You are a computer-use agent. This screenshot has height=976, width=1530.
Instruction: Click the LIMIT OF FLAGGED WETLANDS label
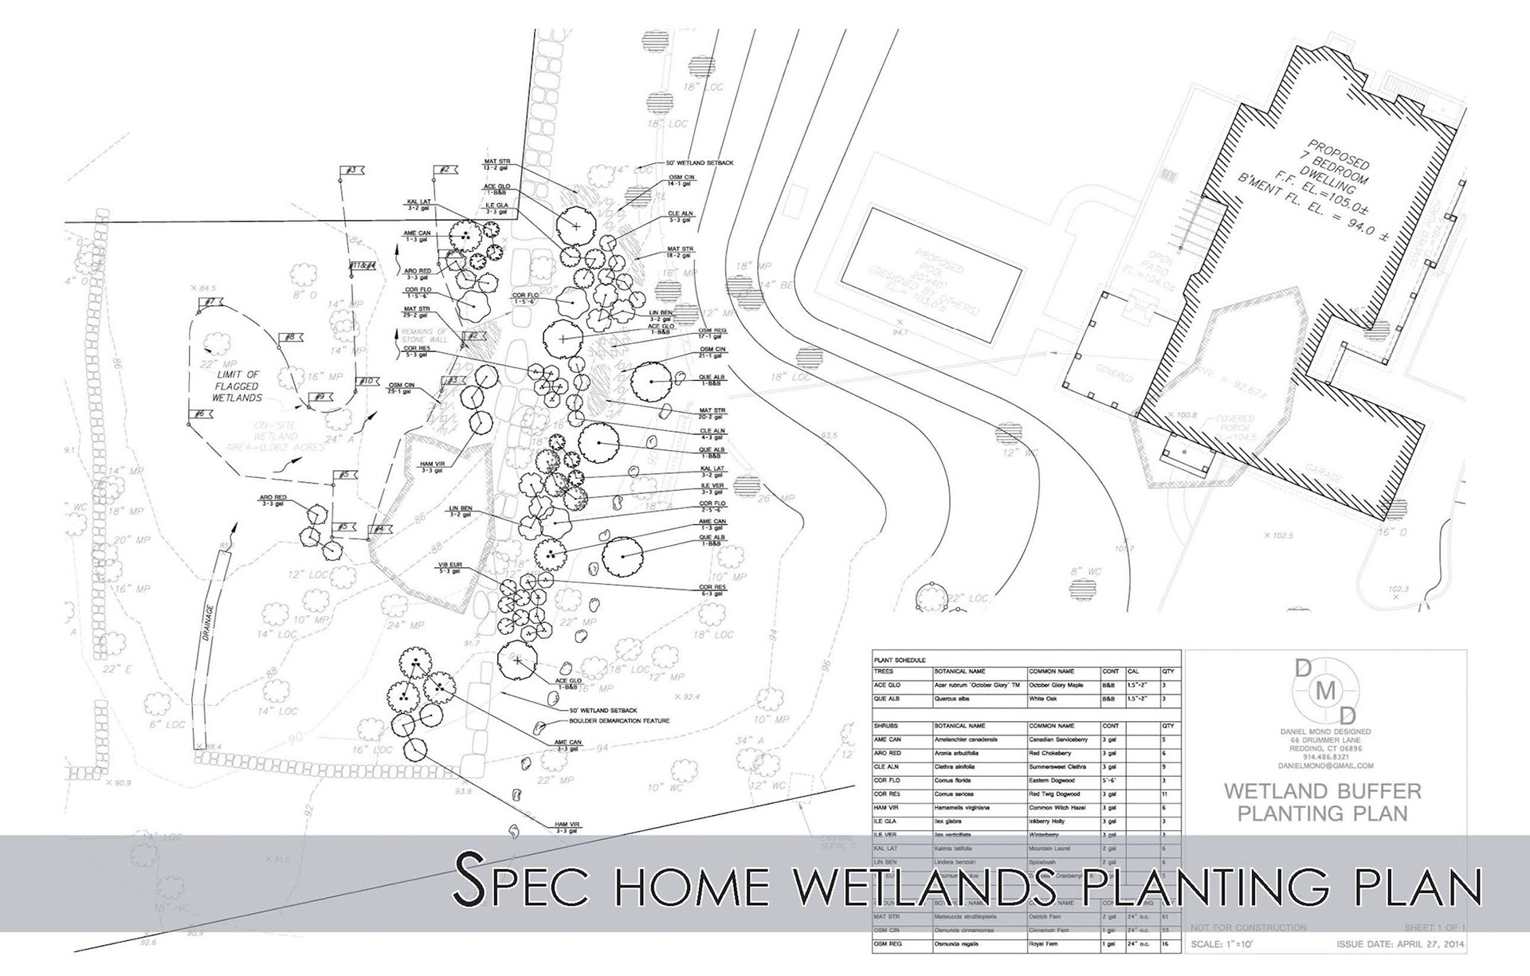coord(237,386)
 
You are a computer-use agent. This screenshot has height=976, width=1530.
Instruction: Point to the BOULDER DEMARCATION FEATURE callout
coord(618,721)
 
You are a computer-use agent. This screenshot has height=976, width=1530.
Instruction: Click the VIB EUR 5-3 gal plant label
coord(449,568)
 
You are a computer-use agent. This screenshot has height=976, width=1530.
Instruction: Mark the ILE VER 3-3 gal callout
coord(712,489)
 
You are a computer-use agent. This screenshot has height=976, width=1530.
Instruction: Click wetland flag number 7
coord(210,303)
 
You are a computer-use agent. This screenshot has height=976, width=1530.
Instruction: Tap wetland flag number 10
coord(367,382)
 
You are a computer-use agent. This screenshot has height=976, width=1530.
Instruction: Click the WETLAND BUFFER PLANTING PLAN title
coord(1323,802)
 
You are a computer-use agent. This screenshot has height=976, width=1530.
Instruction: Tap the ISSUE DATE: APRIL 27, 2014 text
coord(1399,944)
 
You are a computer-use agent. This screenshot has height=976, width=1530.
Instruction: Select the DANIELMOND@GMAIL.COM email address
coord(1325,766)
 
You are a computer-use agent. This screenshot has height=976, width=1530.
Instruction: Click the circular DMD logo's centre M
coord(1325,692)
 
